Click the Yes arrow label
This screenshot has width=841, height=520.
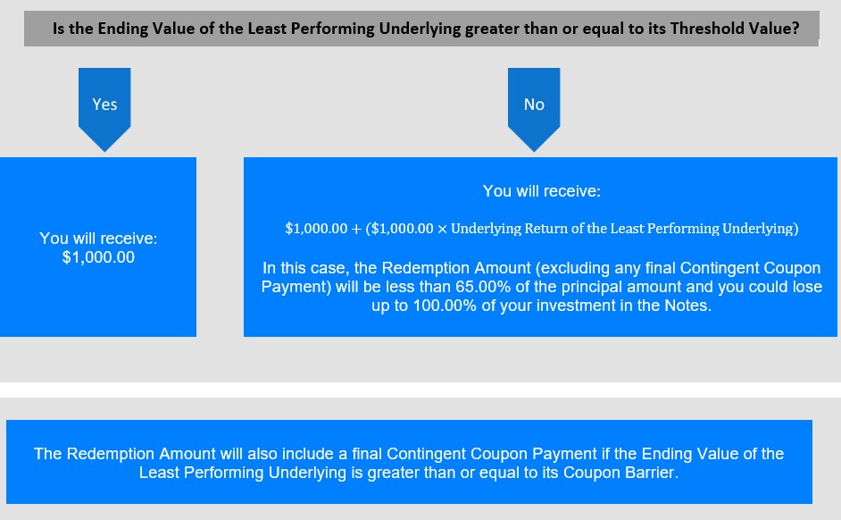[x=104, y=105]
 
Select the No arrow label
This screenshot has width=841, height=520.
[x=534, y=105]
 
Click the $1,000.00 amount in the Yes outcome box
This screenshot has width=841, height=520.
[x=98, y=257]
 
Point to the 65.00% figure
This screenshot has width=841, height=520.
[x=483, y=287]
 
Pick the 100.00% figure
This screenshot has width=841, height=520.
[x=445, y=306]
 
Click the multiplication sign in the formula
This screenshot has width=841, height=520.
[x=442, y=229]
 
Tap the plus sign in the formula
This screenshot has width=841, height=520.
[x=356, y=229]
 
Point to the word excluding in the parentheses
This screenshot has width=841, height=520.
[x=572, y=268]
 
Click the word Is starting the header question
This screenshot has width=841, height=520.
[x=58, y=28]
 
